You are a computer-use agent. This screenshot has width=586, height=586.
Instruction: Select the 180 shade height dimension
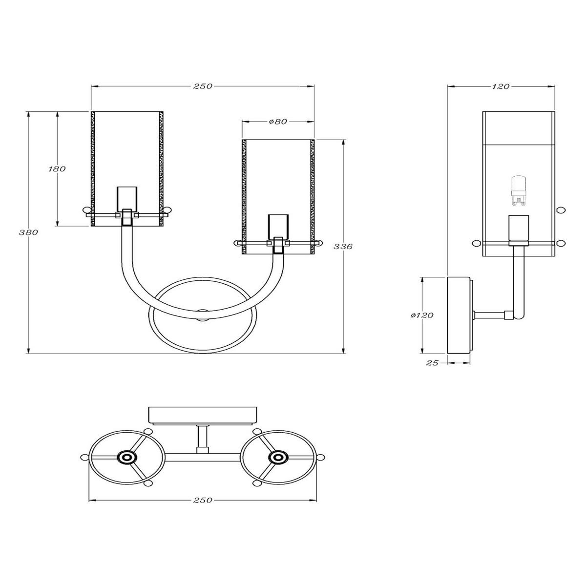57,169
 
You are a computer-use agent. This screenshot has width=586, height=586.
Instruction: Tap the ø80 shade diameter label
278,122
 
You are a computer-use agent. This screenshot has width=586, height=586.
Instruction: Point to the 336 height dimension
345,246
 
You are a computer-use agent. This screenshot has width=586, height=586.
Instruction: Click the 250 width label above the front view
203,86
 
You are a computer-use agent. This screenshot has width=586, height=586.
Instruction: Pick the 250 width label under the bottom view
203,500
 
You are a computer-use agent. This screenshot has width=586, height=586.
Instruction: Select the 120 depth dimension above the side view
502,86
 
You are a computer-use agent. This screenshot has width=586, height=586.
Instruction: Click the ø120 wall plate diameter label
422,315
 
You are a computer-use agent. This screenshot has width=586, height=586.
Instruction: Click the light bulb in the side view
517,190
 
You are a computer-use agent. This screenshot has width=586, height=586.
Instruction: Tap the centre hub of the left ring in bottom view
127,458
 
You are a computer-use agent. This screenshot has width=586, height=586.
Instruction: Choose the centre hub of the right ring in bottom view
278,458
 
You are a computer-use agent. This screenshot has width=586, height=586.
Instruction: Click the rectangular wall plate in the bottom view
203,415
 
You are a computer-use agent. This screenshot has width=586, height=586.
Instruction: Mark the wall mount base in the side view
459,315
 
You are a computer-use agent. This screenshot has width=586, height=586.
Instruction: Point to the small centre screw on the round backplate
203,312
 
